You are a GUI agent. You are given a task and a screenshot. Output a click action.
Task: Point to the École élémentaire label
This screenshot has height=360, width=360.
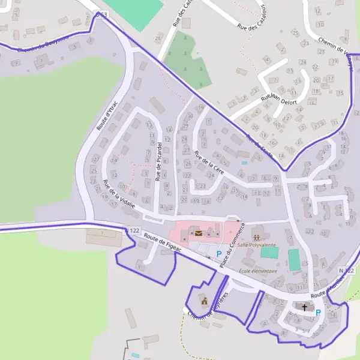point(258,271)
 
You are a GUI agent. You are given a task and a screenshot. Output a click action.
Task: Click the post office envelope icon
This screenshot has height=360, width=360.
point(198,233)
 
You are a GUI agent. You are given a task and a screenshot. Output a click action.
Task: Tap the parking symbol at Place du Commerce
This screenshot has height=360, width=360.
point(219,254)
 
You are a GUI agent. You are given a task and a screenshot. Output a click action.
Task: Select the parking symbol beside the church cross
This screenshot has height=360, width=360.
point(318,312)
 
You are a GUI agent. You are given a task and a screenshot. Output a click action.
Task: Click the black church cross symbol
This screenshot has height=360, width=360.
point(305,307)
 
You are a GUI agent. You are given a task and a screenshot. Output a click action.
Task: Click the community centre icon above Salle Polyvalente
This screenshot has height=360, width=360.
point(258,230)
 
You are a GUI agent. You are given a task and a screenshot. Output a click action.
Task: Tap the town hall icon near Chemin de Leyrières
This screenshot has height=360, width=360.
point(204,301)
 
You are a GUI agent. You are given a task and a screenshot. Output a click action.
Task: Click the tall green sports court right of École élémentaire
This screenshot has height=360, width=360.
point(293,260)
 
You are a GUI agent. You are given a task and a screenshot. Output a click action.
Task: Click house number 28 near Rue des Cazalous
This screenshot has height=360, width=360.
point(158,38)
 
